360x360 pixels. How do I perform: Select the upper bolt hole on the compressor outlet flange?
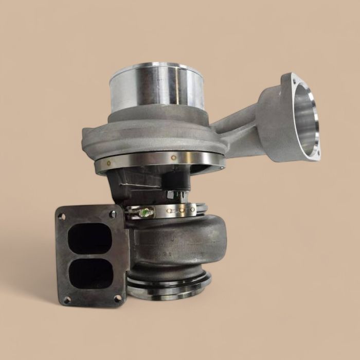pyautogui.click(x=295, y=81)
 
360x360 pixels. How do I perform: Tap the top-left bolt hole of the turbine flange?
pyautogui.click(x=62, y=217)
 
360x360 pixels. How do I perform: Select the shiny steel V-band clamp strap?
pyautogui.click(x=175, y=210)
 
